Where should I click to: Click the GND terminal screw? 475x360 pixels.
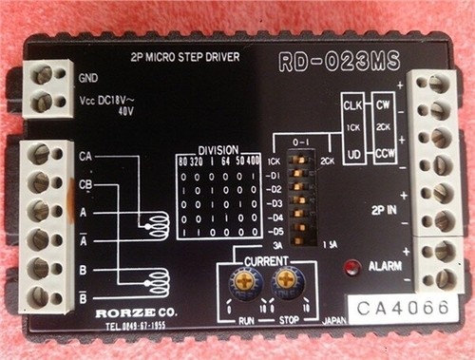[43, 74]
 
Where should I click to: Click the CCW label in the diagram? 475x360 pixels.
[385, 150]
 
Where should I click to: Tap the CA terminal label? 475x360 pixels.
[85, 155]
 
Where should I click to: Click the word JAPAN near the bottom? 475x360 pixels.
[333, 320]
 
